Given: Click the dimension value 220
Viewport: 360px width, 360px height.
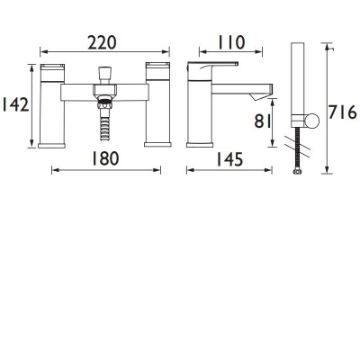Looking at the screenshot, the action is point(102,43).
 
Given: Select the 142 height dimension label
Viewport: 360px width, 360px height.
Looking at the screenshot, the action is point(16,105).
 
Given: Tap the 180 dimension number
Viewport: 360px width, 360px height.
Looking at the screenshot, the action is point(105,159).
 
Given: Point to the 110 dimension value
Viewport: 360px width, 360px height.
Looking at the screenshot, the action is point(231,43).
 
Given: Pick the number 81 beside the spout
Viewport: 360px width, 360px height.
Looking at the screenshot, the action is point(263,121).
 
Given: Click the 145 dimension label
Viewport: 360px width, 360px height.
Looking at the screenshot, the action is point(230,160).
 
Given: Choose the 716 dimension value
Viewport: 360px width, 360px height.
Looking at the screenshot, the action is point(343,112).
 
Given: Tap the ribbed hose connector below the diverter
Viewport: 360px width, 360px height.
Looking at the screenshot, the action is point(105,118).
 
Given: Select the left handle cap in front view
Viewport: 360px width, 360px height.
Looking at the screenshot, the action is point(52,72).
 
